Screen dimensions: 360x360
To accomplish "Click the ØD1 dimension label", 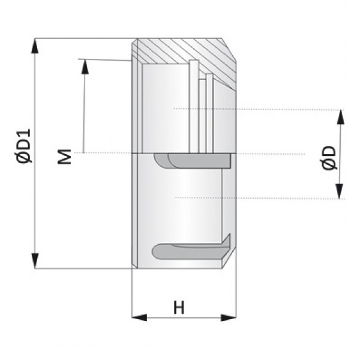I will tap(25, 146).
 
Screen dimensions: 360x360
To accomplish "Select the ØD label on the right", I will tap(329, 157).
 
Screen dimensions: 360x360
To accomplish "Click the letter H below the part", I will tap(179, 308).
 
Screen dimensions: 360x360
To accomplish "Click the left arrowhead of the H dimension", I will tap(139, 317).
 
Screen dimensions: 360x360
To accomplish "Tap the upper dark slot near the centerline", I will tap(192, 161).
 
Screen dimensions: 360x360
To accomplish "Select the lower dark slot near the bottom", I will tap(186, 250).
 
